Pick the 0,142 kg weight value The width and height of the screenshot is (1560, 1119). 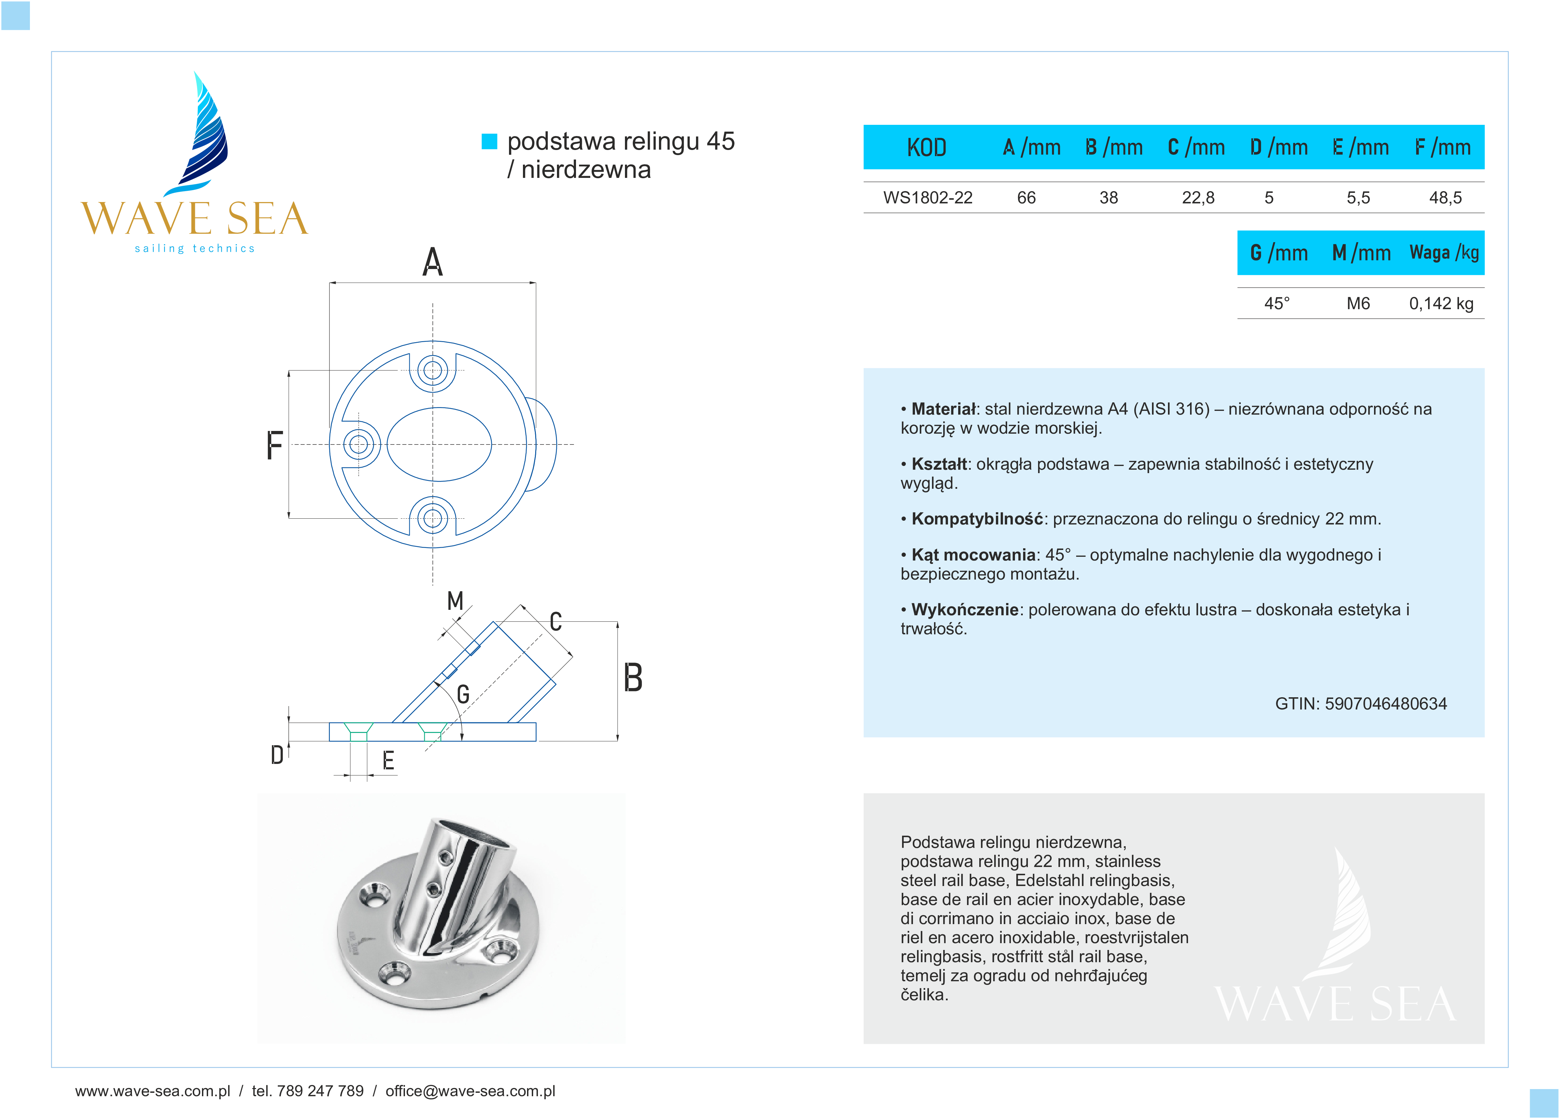point(1441,303)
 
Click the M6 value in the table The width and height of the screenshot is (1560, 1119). point(1358,303)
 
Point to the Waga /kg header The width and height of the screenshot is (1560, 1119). point(1444,253)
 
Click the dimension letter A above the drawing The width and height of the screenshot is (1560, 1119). point(432,262)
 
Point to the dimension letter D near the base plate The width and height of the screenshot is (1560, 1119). point(276,755)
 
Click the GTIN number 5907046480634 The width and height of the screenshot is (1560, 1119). point(1385,703)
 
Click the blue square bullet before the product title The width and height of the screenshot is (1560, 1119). point(489,141)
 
